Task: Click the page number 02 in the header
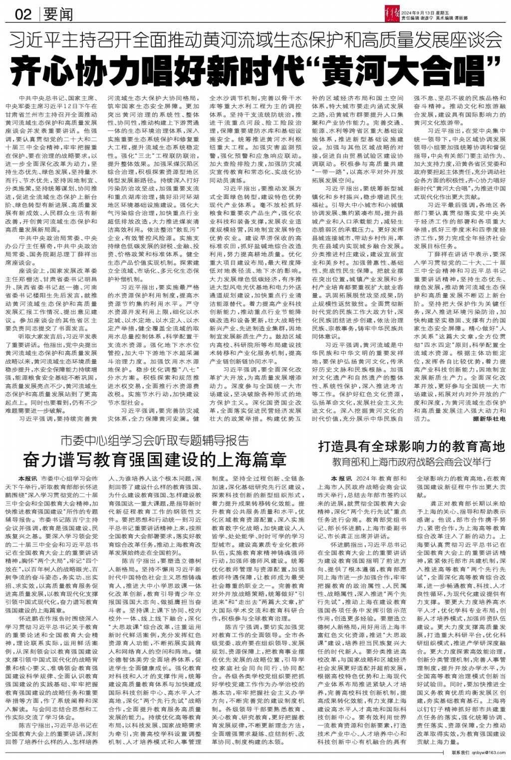pyautogui.click(x=24, y=15)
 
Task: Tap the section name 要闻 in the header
pyautogui.click(x=58, y=15)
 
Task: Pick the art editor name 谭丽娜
pyautogui.click(x=461, y=17)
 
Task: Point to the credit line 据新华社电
pyautogui.click(x=489, y=420)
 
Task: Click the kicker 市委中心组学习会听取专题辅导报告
pyautogui.click(x=155, y=440)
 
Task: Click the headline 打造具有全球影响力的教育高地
pyautogui.click(x=412, y=446)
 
